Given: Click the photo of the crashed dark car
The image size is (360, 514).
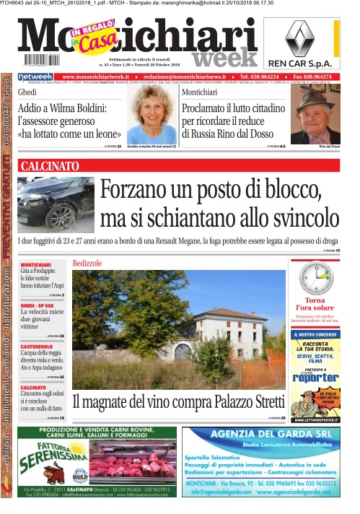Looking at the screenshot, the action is point(56,204).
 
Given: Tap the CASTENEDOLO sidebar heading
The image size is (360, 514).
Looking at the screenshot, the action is point(40,347).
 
